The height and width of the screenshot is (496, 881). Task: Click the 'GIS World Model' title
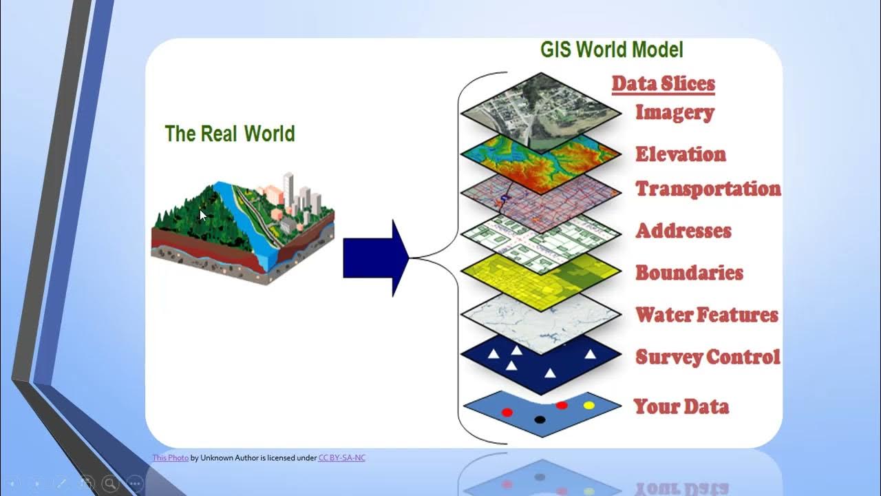coord(611,50)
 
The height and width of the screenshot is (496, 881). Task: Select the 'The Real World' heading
coord(230,133)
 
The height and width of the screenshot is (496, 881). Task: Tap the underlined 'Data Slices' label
coord(663,84)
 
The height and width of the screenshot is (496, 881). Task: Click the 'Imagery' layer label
coord(674,112)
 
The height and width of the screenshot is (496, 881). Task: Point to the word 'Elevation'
coord(680,154)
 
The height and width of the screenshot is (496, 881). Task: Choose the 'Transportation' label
coord(708,189)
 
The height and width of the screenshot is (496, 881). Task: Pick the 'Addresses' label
coord(683,231)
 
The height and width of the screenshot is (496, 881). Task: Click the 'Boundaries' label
coord(689,273)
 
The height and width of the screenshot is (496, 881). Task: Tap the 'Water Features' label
coord(706,315)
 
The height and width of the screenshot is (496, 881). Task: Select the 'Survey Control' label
coord(708,357)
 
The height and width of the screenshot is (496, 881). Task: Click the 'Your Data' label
coord(681,406)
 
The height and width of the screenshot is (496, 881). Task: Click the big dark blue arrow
coord(376,258)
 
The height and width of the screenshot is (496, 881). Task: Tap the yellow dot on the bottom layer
coord(588,405)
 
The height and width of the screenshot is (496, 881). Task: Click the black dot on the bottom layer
coord(540,420)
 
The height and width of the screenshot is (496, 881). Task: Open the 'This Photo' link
coord(170,457)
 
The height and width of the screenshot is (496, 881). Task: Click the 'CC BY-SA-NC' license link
coord(341,457)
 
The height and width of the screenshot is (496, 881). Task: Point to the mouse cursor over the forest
coord(202,215)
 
